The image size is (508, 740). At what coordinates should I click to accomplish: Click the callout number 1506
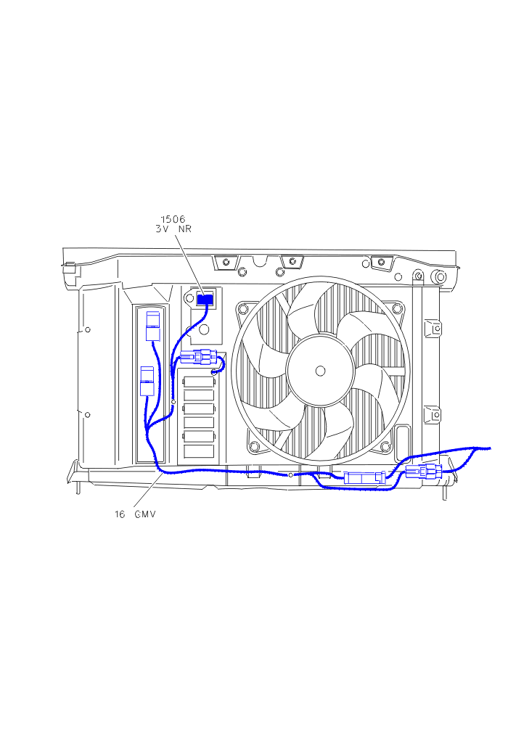click(173, 219)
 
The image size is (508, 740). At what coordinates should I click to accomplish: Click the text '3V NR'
click(173, 229)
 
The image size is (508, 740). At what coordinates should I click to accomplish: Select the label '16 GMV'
click(135, 514)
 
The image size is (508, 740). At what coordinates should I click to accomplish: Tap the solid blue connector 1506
click(205, 299)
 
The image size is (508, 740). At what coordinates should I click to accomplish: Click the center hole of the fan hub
click(320, 371)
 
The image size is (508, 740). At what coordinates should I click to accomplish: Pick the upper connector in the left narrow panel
click(153, 326)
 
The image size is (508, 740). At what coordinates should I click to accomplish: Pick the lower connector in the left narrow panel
click(147, 381)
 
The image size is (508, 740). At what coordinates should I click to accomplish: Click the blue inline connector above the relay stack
click(199, 357)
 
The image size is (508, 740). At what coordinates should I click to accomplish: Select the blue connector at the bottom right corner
click(424, 471)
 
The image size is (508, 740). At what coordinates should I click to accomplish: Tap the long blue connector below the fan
click(364, 477)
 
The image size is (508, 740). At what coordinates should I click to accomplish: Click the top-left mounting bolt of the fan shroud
click(242, 309)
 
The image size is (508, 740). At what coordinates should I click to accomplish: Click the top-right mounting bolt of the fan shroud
click(397, 308)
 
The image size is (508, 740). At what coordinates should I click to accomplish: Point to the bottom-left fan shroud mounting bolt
click(255, 445)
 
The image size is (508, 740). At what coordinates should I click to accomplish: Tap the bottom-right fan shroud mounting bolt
click(385, 445)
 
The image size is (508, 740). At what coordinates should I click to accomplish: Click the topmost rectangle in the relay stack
click(198, 382)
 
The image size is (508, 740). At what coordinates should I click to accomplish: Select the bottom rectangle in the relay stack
click(198, 451)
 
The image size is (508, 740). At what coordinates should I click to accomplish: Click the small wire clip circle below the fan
click(291, 474)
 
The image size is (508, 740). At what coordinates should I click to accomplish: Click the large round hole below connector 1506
click(205, 329)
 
